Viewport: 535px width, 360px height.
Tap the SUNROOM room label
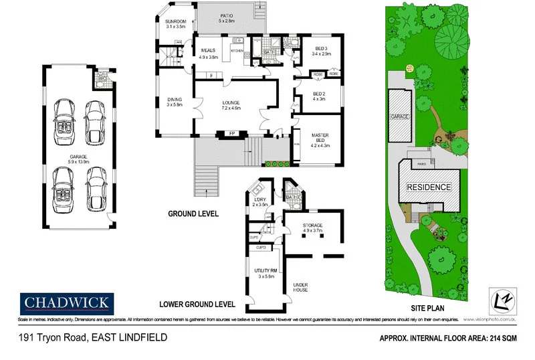177,22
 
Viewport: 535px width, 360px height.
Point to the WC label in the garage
102,78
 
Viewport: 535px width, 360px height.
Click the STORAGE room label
313,226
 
